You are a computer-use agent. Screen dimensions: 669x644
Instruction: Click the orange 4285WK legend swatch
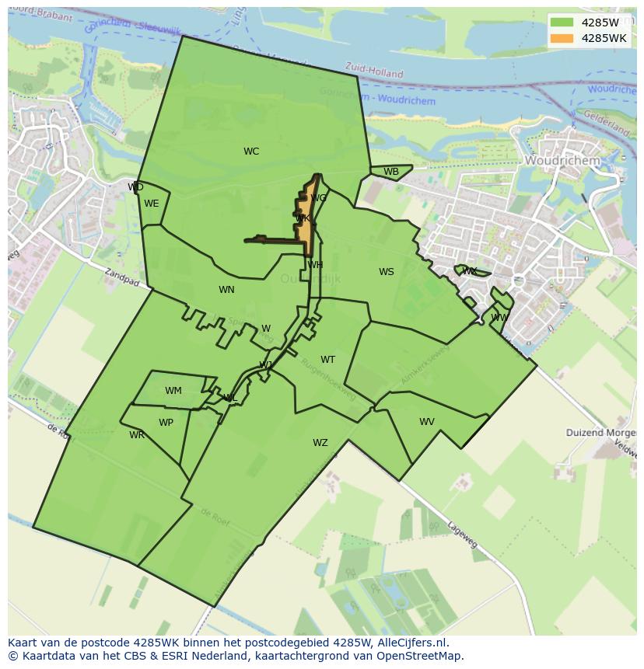click(x=562, y=38)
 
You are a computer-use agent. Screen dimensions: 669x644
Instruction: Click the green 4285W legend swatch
click(x=562, y=23)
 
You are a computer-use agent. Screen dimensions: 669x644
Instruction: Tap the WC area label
click(x=251, y=152)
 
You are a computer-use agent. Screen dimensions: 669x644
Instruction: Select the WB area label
click(x=391, y=172)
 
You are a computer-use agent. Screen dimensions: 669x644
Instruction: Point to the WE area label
click(x=152, y=204)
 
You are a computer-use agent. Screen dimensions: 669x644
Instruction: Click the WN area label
click(x=226, y=290)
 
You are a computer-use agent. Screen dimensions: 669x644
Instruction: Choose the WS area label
click(x=387, y=272)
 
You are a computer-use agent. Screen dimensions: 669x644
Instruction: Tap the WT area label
click(x=328, y=360)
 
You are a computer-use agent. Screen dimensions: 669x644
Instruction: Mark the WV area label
click(x=427, y=422)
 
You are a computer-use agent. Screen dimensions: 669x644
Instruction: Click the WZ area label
click(x=320, y=443)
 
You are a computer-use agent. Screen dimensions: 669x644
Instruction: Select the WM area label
click(x=173, y=391)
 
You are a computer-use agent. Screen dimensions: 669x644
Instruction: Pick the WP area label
click(x=166, y=423)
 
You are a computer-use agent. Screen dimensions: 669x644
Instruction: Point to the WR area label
click(x=137, y=435)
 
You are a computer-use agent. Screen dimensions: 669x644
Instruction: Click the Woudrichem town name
click(x=562, y=160)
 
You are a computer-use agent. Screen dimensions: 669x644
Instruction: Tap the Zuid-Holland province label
click(x=375, y=72)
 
